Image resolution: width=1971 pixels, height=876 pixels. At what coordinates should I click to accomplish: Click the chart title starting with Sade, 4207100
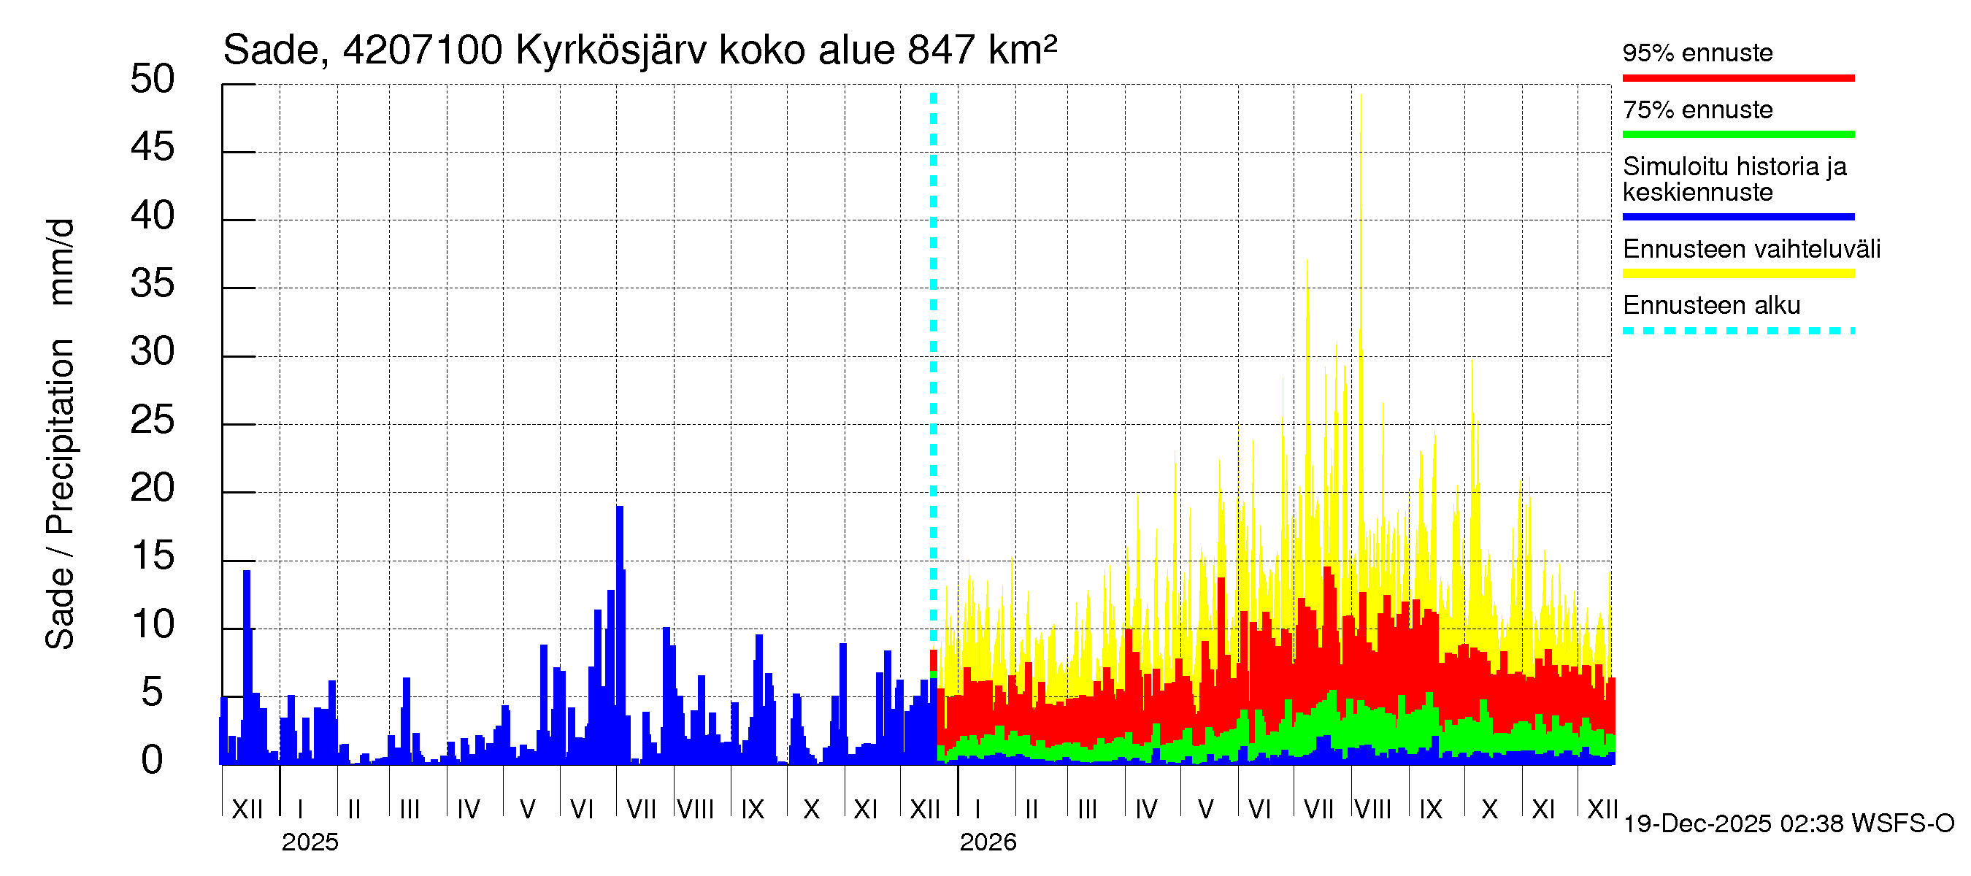(x=639, y=50)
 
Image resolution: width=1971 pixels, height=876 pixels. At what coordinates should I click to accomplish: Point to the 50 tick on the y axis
(x=153, y=80)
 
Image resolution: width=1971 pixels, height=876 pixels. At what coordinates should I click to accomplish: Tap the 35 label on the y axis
(x=153, y=284)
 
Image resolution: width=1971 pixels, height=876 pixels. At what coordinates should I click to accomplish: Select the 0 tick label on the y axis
(x=153, y=761)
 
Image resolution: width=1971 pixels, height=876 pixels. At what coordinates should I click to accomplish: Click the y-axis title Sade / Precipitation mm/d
(x=60, y=434)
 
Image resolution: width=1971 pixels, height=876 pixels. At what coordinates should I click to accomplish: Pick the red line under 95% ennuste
(x=1737, y=78)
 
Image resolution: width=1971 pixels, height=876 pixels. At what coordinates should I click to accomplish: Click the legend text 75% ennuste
(x=1697, y=110)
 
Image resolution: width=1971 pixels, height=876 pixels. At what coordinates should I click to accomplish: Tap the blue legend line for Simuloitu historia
(x=1737, y=218)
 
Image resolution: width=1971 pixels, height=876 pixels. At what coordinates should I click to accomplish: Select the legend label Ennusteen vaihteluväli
(x=1751, y=250)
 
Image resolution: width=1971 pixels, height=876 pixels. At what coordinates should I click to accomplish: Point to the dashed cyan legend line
(x=1737, y=331)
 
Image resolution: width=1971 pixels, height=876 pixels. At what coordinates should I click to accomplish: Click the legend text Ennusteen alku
(x=1711, y=306)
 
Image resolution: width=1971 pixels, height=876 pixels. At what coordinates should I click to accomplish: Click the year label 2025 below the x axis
(x=310, y=842)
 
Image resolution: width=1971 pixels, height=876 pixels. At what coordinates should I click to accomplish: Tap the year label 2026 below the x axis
(x=988, y=842)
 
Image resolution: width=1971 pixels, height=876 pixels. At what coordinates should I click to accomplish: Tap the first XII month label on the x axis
(x=247, y=810)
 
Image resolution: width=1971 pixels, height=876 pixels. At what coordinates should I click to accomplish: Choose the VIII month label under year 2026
(x=1372, y=810)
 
